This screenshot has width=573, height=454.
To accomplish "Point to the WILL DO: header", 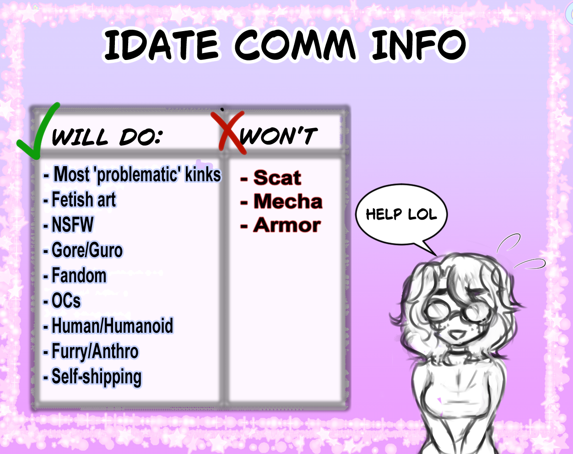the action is (107, 137).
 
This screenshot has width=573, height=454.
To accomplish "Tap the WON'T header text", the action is (279, 136).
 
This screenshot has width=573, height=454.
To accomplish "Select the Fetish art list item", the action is (80, 200).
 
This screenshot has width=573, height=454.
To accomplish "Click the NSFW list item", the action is (69, 224).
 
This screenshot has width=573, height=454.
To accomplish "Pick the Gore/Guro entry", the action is (83, 250).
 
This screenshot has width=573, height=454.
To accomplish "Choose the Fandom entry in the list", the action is (75, 276).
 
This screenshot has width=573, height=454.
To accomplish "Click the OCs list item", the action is (62, 301).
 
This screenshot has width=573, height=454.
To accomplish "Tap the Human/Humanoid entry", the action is (108, 326).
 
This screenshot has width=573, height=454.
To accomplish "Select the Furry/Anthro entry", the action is (91, 351).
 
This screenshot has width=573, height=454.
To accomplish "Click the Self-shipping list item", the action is (92, 377).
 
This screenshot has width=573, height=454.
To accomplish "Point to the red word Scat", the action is (277, 178).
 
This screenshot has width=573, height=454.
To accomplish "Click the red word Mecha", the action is (288, 201).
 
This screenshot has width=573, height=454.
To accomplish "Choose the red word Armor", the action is (287, 225).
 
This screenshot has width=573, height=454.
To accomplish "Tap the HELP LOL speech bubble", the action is (401, 214).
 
